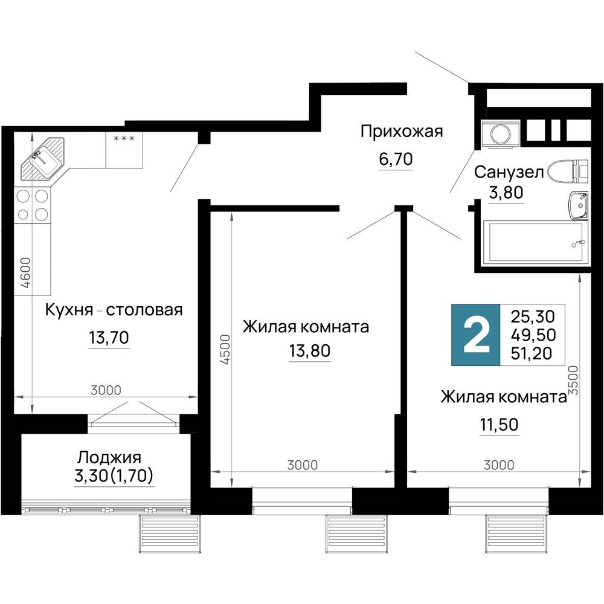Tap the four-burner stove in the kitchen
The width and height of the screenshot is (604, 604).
pos(33,205)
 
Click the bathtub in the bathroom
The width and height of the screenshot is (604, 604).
pos(535,243)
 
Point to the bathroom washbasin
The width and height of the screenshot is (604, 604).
pos(578,205)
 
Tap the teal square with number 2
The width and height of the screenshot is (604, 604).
pos(476,335)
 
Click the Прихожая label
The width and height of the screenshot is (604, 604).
pos(401,131)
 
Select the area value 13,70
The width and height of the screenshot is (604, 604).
pos(109,338)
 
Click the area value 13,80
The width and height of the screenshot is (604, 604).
pos(310,351)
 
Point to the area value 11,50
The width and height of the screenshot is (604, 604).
pos(498,425)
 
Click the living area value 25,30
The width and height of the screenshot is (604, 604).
pos(532,315)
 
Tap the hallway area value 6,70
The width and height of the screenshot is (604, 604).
pos(396,159)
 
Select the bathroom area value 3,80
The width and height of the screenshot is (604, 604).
pos(506,193)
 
